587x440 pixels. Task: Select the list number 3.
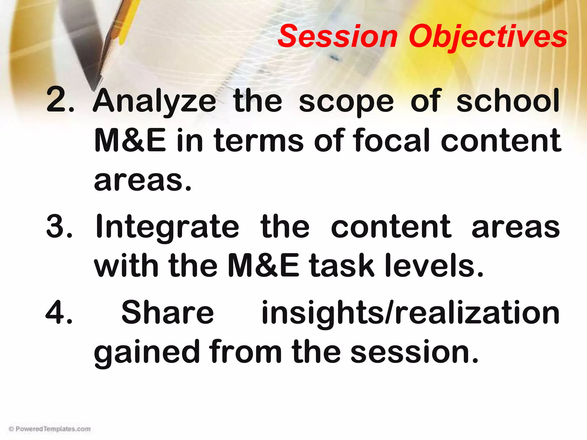(59, 226)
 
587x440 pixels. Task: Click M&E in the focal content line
(130, 140)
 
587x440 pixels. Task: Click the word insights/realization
(410, 313)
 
